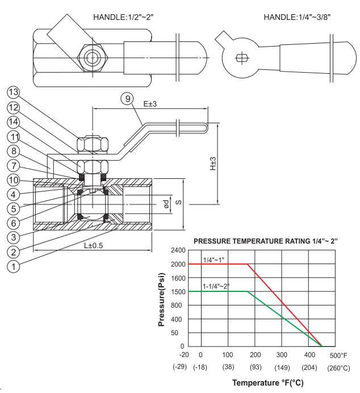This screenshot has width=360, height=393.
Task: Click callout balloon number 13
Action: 12,93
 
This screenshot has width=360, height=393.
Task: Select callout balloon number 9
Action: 128,98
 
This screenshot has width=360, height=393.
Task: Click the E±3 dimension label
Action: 150,104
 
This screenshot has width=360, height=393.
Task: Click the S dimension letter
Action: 178,203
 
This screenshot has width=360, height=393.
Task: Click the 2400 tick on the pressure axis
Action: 177,250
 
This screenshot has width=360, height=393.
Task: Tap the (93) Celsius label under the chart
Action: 255,367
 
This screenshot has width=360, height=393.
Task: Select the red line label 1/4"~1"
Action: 215,260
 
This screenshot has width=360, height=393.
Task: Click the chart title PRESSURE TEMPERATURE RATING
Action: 266,241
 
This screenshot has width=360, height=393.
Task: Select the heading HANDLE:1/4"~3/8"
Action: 297,16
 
